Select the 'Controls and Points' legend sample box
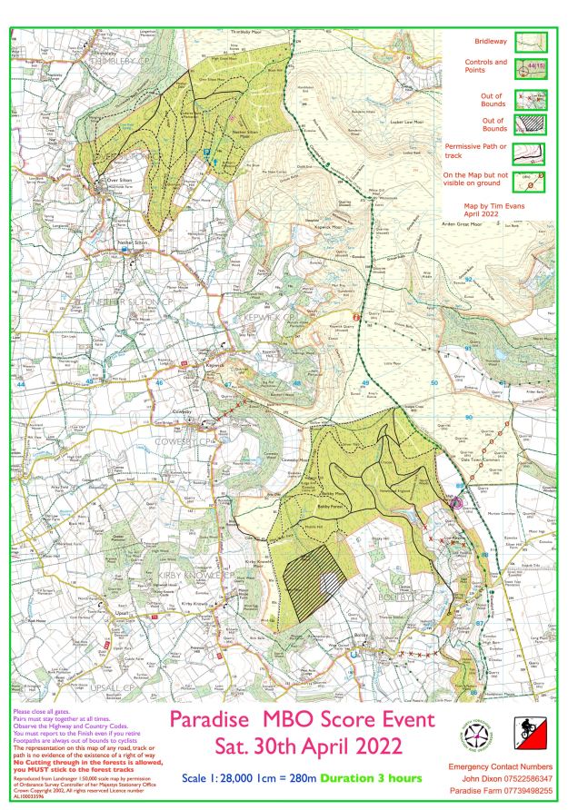532,67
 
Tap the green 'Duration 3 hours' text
372,779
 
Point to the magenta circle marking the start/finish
457,501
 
